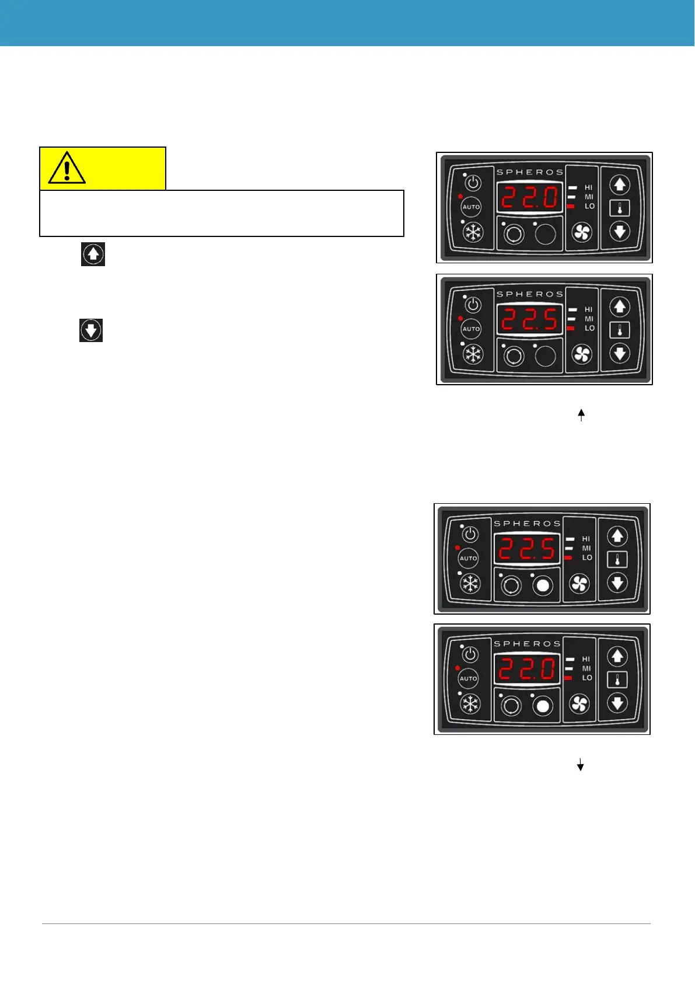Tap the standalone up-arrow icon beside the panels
coord(93,255)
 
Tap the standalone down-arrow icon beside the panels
coord(91,330)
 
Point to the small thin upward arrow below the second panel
coord(581,415)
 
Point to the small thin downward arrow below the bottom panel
coord(581,765)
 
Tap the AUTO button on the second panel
coord(471,329)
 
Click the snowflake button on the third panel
coord(470,584)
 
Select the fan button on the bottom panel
coord(579,705)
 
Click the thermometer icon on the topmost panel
coord(620,208)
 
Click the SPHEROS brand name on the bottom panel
coord(527,643)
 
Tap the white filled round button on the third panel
coord(543,585)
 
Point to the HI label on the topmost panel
coord(588,187)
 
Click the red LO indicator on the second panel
coord(571,328)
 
